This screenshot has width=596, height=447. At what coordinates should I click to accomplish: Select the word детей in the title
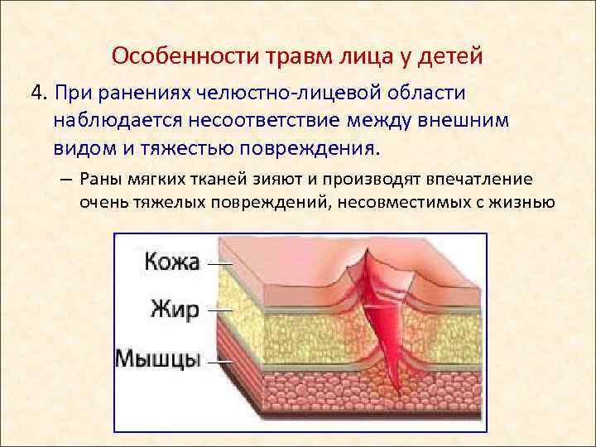tap(446, 56)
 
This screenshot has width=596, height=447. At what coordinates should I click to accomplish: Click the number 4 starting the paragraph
tap(36, 92)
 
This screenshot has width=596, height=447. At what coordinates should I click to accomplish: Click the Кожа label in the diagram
tap(172, 263)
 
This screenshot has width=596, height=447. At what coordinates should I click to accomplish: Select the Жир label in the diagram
tap(175, 310)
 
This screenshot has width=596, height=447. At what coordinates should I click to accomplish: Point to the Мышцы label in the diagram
tap(158, 359)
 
